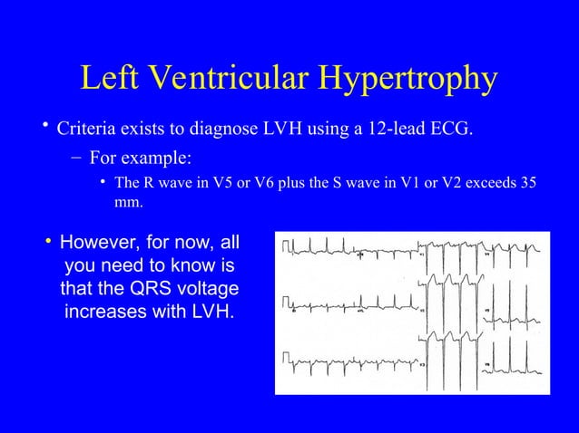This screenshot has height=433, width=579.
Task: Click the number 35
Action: pos(525,184)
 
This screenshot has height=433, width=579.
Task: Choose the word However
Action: pos(101,244)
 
